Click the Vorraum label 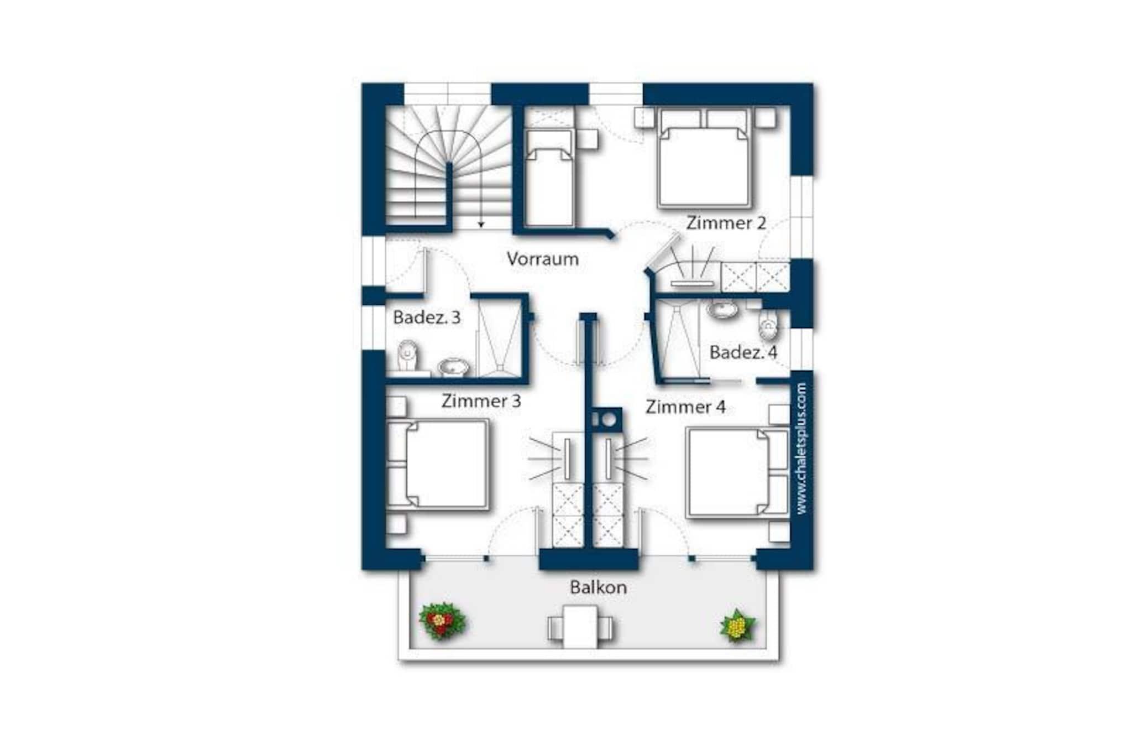543,259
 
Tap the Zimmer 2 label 726,223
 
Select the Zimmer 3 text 481,401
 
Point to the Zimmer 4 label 685,407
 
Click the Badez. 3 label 427,317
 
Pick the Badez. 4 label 743,352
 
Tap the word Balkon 599,587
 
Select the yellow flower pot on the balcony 737,626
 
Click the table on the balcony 580,627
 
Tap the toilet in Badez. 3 408,356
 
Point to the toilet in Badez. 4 768,325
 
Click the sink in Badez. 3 453,367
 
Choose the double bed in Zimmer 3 438,464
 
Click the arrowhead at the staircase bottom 481,225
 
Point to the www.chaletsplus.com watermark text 802,449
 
